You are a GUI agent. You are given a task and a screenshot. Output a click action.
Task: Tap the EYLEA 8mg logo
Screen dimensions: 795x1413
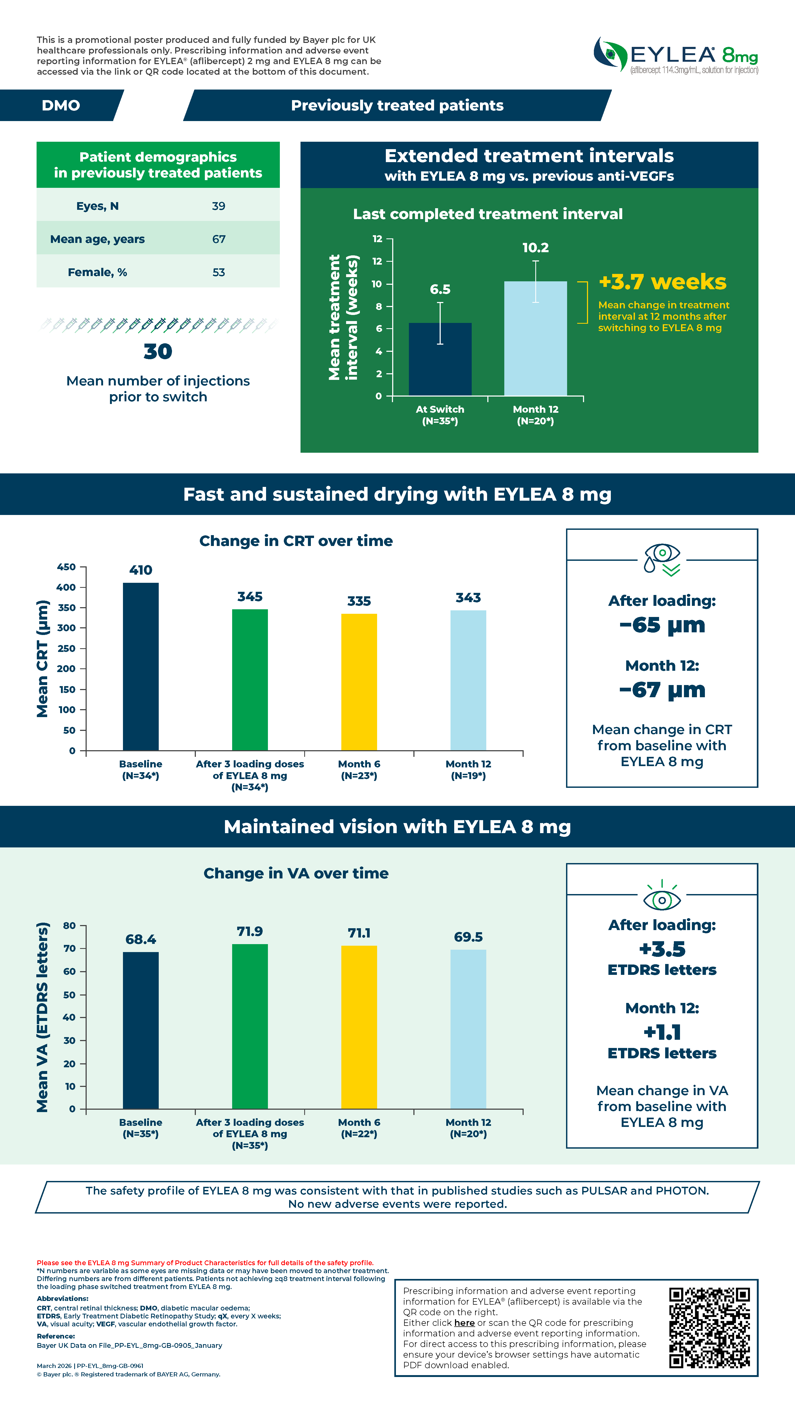pos(676,55)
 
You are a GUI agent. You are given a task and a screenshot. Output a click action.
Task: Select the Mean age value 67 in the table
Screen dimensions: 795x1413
pos(219,239)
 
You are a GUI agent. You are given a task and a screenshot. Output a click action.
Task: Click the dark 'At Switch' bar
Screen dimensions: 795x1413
pos(440,359)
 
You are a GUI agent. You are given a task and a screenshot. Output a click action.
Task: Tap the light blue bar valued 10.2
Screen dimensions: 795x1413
pos(536,339)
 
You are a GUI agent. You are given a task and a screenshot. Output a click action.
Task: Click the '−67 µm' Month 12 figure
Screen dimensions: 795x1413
pos(662,689)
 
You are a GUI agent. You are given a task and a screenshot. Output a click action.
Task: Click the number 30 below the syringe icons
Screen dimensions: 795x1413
pos(158,351)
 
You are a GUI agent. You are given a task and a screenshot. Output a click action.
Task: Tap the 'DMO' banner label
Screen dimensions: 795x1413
pos(61,105)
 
